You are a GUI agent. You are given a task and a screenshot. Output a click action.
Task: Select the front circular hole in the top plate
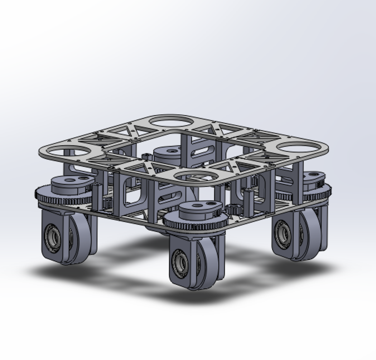196,177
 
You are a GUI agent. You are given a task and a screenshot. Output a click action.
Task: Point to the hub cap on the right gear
314,178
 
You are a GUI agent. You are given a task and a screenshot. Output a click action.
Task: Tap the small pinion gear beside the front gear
234,209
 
